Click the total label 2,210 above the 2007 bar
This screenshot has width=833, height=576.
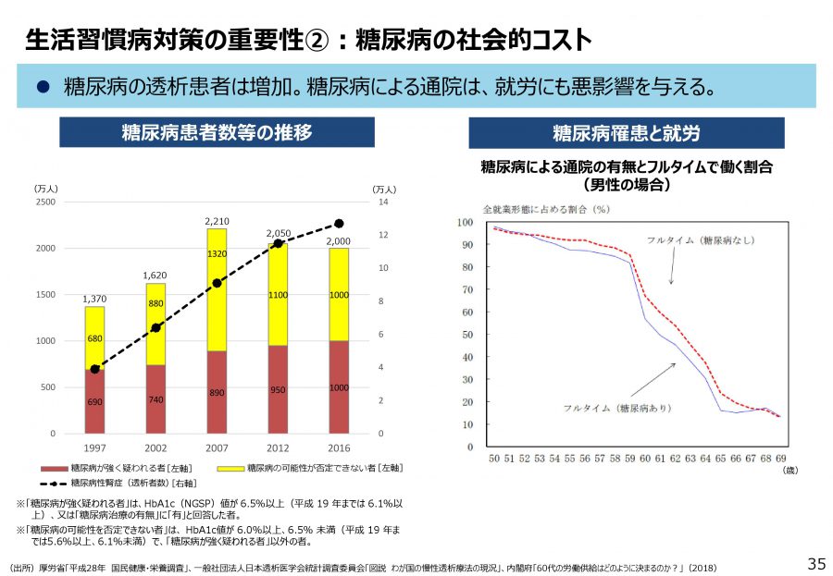(217, 222)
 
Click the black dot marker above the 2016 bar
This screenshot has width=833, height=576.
(339, 224)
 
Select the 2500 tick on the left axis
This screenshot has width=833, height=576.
(45, 202)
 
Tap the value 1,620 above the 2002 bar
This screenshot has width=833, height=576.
(155, 276)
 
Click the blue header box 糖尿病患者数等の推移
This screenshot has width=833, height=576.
(217, 132)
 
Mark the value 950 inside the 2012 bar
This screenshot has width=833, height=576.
(278, 390)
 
